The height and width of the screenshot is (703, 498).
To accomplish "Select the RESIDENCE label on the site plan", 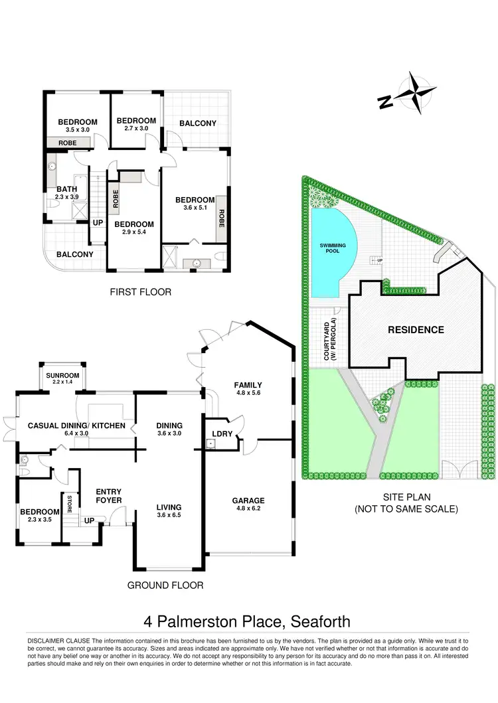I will [416, 329].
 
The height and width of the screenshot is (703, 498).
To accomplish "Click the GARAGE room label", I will [248, 501].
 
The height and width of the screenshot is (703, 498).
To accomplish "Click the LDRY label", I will [220, 434].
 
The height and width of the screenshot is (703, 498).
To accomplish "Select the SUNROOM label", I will [62, 376].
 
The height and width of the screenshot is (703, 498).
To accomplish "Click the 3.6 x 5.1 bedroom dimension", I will [195, 208].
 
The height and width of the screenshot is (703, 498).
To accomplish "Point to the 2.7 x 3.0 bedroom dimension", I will [135, 129].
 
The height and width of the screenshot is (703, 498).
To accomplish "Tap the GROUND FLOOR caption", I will [165, 585].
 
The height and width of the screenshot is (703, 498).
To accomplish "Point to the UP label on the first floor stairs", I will [98, 222].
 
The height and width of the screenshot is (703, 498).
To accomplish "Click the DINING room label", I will [169, 426].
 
